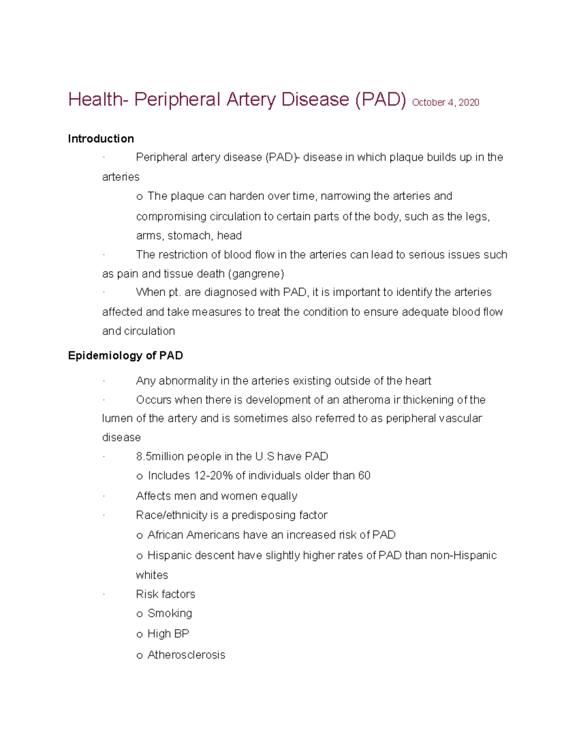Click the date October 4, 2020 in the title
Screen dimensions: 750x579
click(445, 102)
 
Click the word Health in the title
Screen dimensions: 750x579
click(95, 99)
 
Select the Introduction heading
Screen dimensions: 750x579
click(101, 139)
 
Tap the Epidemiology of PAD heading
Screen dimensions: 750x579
click(125, 356)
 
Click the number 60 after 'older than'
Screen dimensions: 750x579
click(364, 476)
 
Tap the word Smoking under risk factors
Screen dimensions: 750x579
click(170, 613)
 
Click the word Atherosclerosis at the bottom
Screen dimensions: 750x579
click(186, 655)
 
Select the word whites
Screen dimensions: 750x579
click(152, 575)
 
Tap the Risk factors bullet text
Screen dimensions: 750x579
click(165, 594)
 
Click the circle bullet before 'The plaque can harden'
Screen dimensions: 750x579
click(139, 197)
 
